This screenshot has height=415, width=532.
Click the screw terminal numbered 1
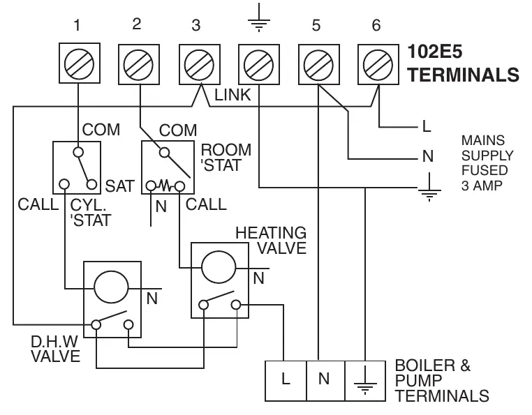click(80, 63)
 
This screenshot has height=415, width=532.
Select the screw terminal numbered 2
click(139, 64)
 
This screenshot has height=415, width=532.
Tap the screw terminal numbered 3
click(200, 64)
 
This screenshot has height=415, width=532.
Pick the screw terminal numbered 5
click(319, 64)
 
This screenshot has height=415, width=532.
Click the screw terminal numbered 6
click(378, 64)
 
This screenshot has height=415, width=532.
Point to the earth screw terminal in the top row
click(259, 64)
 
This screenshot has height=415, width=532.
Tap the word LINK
click(232, 95)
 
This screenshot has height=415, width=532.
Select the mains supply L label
click(427, 126)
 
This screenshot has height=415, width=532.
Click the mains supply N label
click(428, 156)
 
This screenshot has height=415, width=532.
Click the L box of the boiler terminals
click(286, 381)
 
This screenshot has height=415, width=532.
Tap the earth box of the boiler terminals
click(365, 381)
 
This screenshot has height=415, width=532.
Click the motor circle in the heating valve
click(219, 267)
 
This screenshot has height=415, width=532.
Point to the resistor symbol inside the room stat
click(165, 186)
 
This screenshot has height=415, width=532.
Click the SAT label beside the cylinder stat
click(120, 186)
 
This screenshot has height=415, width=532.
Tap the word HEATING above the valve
click(271, 233)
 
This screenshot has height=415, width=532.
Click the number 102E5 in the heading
click(435, 52)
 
